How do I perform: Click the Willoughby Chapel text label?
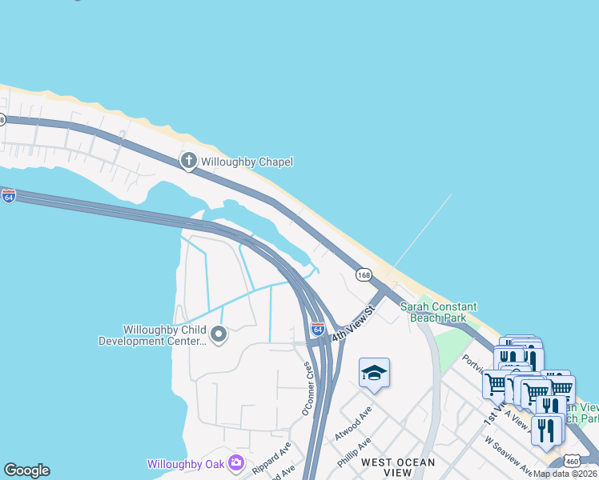246,162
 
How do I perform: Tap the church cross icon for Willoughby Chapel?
189,162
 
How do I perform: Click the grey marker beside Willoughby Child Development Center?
217,333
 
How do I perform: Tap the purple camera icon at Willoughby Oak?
235,462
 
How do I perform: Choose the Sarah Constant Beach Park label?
438,312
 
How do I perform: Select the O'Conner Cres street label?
307,387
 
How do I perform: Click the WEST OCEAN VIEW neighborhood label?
398,467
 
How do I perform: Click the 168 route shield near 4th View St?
364,274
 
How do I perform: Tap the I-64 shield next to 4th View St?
318,328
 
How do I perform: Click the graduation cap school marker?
374,373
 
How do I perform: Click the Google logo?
26,470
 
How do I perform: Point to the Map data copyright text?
565,474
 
